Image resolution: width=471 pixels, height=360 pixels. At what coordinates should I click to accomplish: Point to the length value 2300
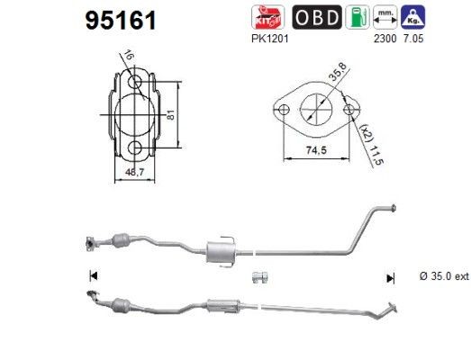tap(386, 40)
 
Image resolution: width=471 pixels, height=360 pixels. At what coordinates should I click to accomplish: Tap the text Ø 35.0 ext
tap(444, 275)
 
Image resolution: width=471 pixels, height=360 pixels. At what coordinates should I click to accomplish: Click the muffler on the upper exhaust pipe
tap(219, 252)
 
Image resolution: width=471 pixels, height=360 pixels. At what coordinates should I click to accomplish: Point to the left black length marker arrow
tap(91, 275)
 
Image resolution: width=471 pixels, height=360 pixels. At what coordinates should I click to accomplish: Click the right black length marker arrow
tap(390, 275)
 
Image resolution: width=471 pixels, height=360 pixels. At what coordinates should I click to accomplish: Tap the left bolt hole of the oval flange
tap(281, 112)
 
